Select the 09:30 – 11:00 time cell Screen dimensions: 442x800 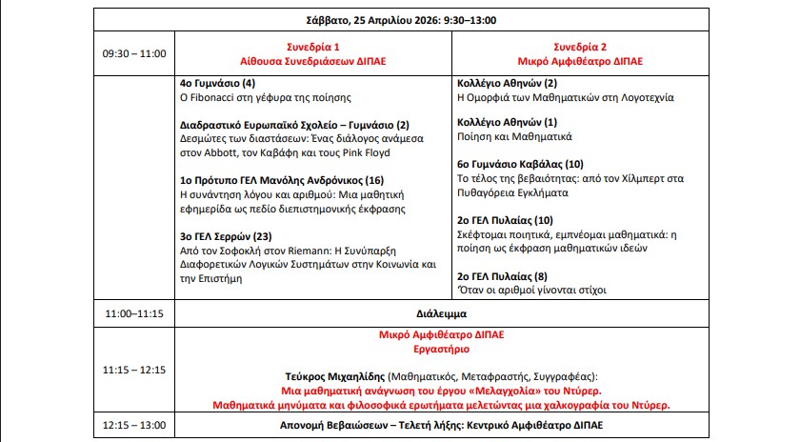(134, 53)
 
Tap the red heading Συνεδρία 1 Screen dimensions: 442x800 (313, 47)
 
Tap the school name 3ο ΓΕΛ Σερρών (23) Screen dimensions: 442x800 (227, 236)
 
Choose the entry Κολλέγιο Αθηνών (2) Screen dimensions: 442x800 (507, 83)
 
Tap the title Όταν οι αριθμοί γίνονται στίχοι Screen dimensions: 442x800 (531, 291)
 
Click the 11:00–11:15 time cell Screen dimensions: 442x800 (134, 311)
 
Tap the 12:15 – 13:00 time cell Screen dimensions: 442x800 (134, 424)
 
